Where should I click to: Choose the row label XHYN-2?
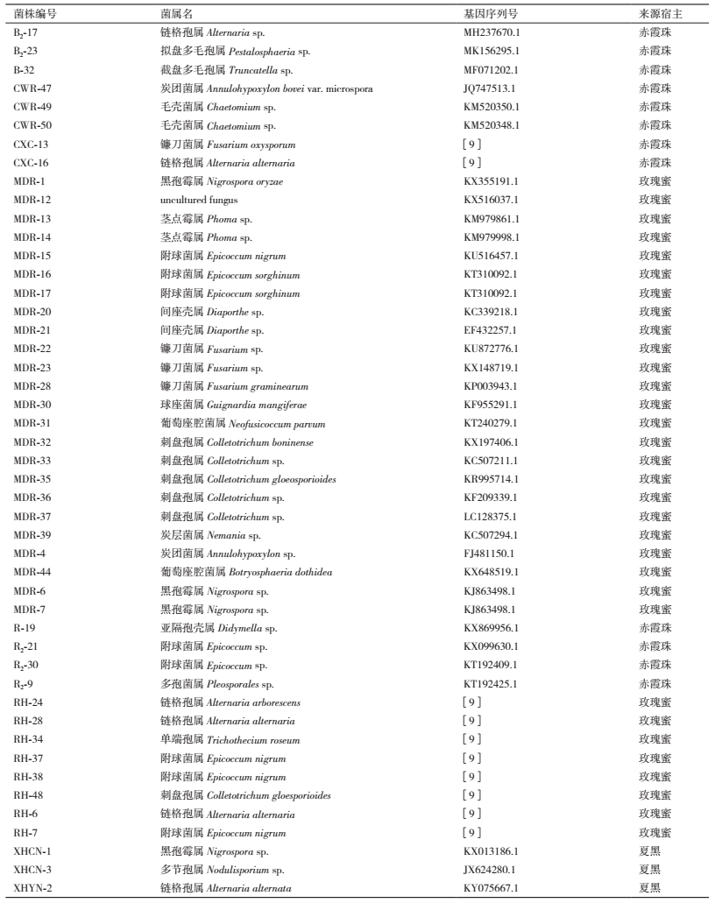33,888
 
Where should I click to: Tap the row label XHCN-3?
33,870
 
